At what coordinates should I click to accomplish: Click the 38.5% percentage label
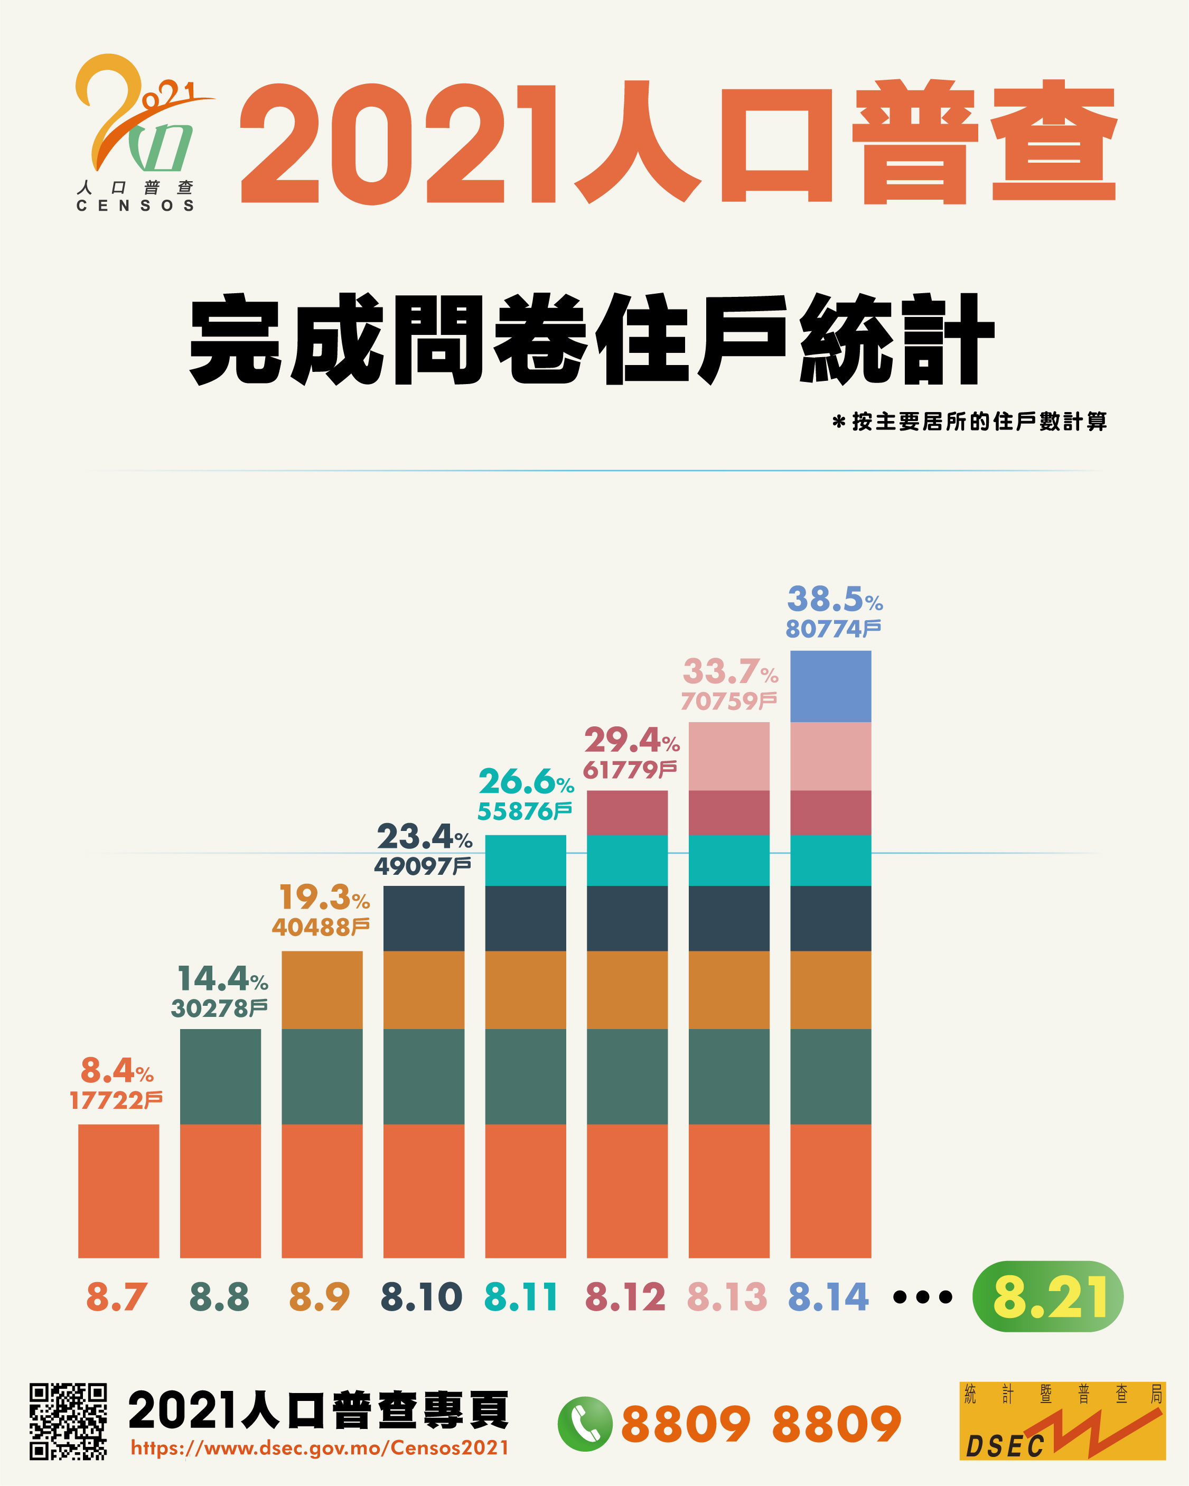coord(834,600)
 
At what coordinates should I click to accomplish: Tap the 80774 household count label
coord(832,629)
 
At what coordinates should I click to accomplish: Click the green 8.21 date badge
coord(1047,1296)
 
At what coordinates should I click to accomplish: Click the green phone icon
coord(585,1424)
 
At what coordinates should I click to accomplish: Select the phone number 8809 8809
coord(761,1425)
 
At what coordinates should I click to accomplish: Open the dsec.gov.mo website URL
coord(320,1448)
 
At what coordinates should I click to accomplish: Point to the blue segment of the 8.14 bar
coord(830,687)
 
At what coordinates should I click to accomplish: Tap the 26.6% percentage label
coord(526,782)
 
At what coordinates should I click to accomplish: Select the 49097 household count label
coord(423,866)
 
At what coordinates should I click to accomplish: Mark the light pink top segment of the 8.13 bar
coord(728,756)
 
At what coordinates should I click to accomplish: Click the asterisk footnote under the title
coord(969,422)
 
